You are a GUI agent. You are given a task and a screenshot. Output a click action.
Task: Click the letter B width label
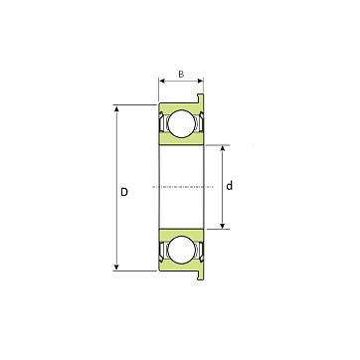pyautogui.click(x=181, y=75)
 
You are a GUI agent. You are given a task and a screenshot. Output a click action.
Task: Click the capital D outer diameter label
pyautogui.click(x=124, y=192)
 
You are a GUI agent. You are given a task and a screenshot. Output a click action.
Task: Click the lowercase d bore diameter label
pyautogui.click(x=229, y=186)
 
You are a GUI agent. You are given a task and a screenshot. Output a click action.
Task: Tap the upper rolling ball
pyautogui.click(x=181, y=123)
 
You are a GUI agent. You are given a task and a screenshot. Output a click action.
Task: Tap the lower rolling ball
pyautogui.click(x=181, y=250)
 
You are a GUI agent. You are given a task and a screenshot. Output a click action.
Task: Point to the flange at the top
pyautogui.click(x=200, y=98)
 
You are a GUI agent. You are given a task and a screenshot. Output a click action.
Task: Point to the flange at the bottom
pyautogui.click(x=200, y=275)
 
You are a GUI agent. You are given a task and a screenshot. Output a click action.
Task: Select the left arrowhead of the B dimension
pyautogui.click(x=162, y=81)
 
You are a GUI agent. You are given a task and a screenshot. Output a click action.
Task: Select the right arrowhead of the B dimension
pyautogui.click(x=200, y=81)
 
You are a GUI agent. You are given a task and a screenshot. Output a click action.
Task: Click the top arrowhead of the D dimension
pyautogui.click(x=116, y=108)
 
